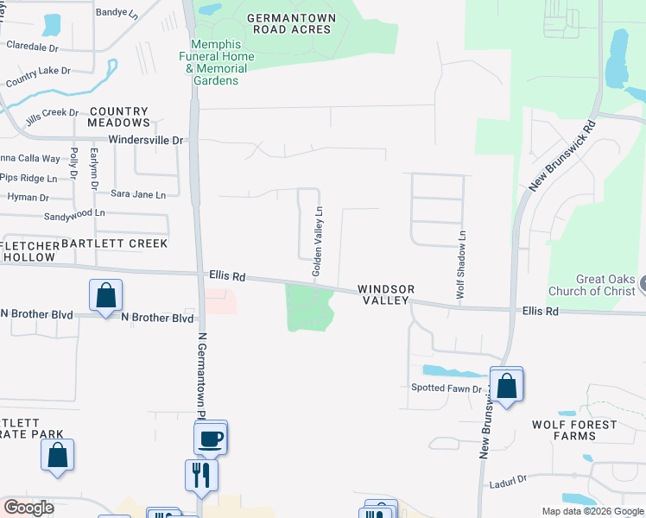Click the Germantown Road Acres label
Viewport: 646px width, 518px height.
pyautogui.click(x=288, y=23)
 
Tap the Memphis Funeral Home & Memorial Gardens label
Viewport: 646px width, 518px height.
pyautogui.click(x=223, y=69)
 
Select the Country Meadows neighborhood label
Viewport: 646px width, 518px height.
pyautogui.click(x=119, y=117)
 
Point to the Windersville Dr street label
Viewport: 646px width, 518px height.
pyautogui.click(x=146, y=140)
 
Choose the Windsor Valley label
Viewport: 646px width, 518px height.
pyautogui.click(x=386, y=294)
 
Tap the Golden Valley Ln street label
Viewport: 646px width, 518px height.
pyautogui.click(x=318, y=242)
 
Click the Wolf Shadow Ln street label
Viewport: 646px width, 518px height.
pyautogui.click(x=462, y=265)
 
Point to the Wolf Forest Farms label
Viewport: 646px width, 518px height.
pyautogui.click(x=574, y=430)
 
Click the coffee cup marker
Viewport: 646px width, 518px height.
pyautogui.click(x=211, y=439)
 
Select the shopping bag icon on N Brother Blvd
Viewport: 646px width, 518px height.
pyautogui.click(x=105, y=295)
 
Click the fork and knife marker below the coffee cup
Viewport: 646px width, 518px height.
pyautogui.click(x=201, y=475)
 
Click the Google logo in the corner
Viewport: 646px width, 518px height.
pyautogui.click(x=28, y=508)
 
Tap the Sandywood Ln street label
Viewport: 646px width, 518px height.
pyautogui.click(x=74, y=212)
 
